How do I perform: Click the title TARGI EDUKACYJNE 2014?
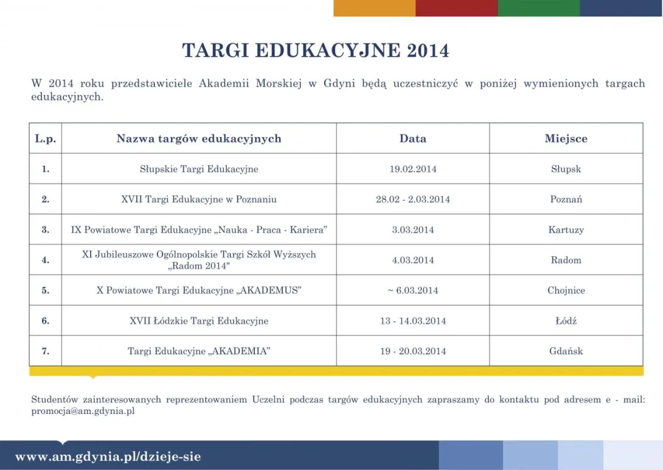(x=316, y=51)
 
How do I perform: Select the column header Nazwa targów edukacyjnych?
(x=199, y=139)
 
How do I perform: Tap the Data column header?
(x=413, y=139)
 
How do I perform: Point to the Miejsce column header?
(x=566, y=139)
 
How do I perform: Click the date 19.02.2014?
(x=413, y=169)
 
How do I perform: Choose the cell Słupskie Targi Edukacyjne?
(x=199, y=169)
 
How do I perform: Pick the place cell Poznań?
(x=566, y=199)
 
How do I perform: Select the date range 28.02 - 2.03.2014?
(x=413, y=199)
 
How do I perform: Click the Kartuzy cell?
(x=566, y=230)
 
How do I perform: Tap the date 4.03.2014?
(x=413, y=260)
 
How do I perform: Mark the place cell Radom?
(x=566, y=260)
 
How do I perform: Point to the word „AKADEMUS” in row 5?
(x=268, y=290)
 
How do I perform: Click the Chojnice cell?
(x=566, y=290)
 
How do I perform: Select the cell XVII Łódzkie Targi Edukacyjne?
(x=199, y=321)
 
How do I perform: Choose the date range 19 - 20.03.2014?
(x=413, y=351)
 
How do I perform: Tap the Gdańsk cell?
(x=566, y=351)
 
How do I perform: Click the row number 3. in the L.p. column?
(x=46, y=230)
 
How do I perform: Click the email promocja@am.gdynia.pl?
(x=83, y=411)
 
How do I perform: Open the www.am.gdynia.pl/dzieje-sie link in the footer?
(x=108, y=457)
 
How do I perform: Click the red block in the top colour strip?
(x=456, y=8)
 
